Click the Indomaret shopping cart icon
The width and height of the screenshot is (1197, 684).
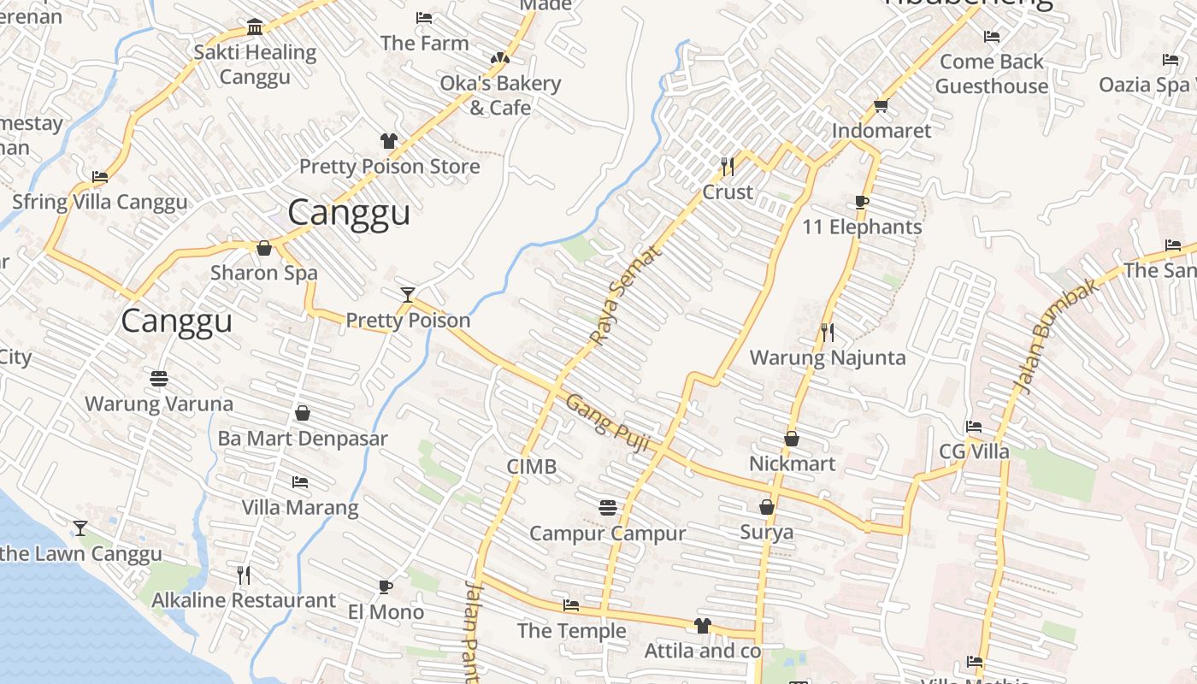point(881,105)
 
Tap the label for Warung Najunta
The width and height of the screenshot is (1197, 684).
point(827,357)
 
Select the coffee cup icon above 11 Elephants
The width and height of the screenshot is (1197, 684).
point(862,202)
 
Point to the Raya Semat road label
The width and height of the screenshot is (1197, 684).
point(626,296)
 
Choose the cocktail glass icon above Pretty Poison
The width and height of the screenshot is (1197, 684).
point(408,295)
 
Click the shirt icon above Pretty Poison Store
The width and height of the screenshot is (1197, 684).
point(389,140)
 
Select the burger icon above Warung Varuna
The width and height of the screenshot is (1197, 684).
point(158,377)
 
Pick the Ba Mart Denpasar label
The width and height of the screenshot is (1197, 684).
point(303,439)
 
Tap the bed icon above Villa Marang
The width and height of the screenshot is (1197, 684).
point(299,482)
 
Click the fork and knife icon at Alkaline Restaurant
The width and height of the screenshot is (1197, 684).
point(244,575)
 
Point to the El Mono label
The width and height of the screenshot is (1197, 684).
point(386,612)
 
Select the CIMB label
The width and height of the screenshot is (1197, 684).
point(531,466)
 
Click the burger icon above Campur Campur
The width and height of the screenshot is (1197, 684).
point(607,508)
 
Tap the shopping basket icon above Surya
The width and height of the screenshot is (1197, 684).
point(767,507)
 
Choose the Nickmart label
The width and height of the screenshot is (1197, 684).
point(792,463)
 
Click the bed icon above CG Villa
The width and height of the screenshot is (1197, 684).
point(973,426)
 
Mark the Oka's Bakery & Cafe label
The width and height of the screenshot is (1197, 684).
point(500,95)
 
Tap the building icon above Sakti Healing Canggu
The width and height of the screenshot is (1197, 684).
point(255,27)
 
